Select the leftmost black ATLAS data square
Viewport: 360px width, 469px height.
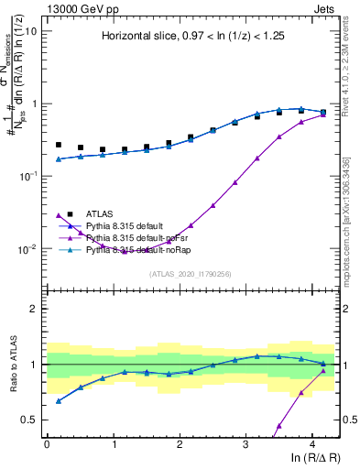click(x=59, y=145)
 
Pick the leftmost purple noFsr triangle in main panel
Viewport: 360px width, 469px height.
click(x=59, y=216)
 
